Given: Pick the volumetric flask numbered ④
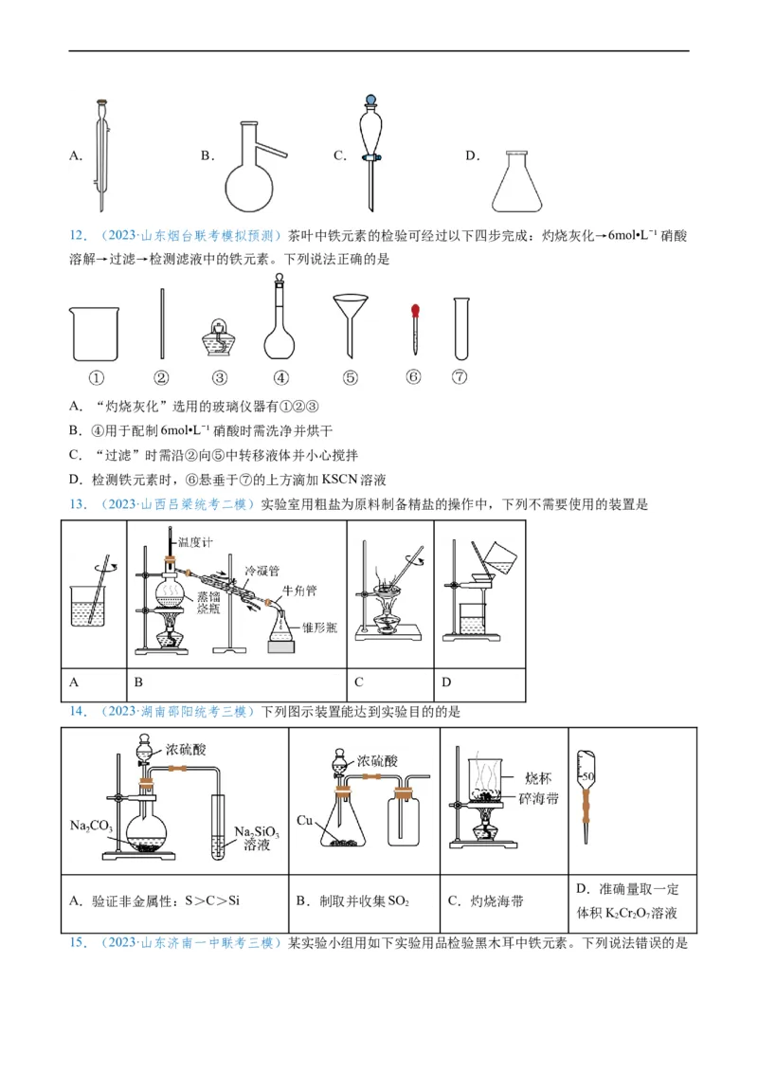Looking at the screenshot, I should pos(280,327).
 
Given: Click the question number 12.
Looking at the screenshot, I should pos(79,235).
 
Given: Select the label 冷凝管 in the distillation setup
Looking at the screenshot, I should pos(262,572).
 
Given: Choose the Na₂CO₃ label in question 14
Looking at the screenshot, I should pos(92,826).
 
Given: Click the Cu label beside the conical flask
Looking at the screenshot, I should pos(304,819).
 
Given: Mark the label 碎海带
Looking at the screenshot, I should pos(540,798).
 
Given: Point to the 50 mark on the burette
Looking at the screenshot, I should pos(588,777).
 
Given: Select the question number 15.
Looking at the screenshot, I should pos(79,943).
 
